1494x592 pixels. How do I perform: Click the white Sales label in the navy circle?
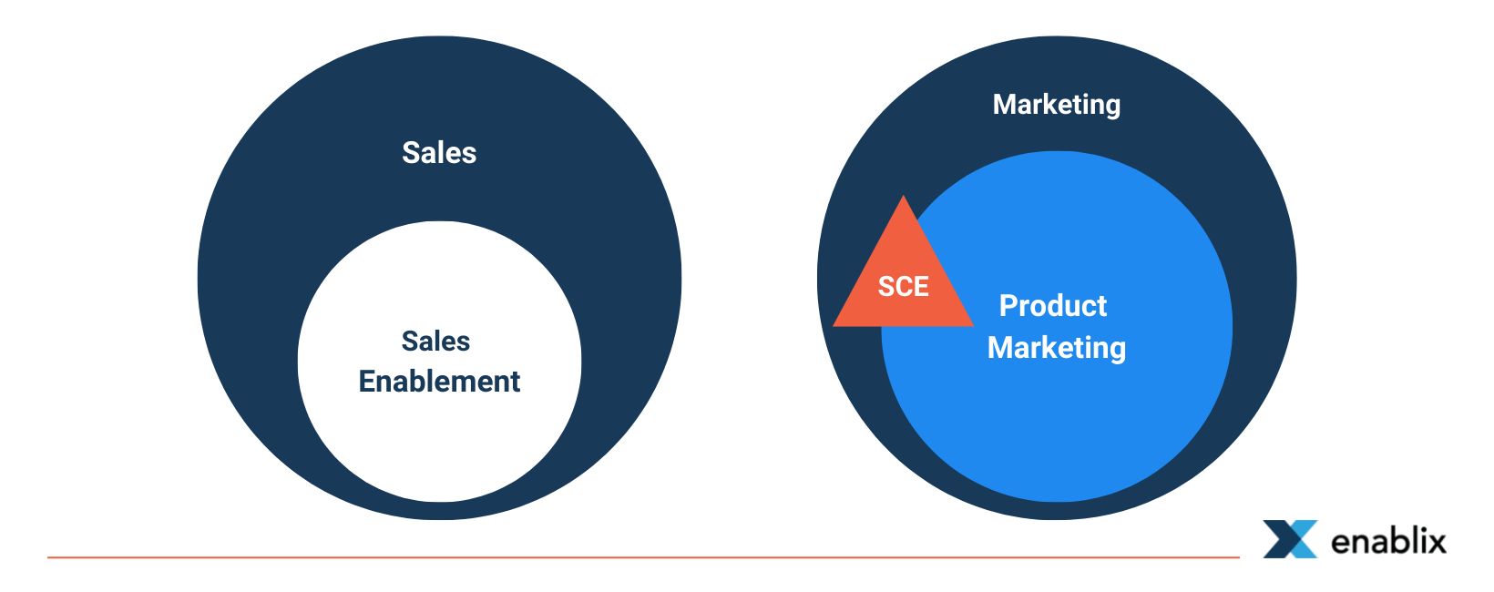[439, 153]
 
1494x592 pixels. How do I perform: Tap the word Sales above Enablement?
[435, 342]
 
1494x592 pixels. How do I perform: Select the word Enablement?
[439, 382]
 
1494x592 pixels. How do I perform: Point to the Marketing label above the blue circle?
[1057, 106]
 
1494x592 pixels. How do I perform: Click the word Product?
[1053, 306]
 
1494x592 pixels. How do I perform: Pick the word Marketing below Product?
[1057, 348]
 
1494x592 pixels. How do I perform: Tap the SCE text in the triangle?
[903, 287]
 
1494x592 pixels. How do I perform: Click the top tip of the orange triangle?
[903, 198]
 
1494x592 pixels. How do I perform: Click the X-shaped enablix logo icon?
[1289, 539]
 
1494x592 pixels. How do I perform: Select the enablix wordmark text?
[1388, 542]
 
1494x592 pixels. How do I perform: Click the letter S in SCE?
[885, 287]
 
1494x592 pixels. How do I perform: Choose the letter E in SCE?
[921, 287]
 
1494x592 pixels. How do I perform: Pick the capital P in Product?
[1008, 306]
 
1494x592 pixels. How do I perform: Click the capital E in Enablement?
[367, 382]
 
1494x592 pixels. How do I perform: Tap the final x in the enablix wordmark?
[1436, 544]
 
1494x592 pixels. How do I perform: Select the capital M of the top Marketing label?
[1004, 105]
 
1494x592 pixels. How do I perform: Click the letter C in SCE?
[903, 287]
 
